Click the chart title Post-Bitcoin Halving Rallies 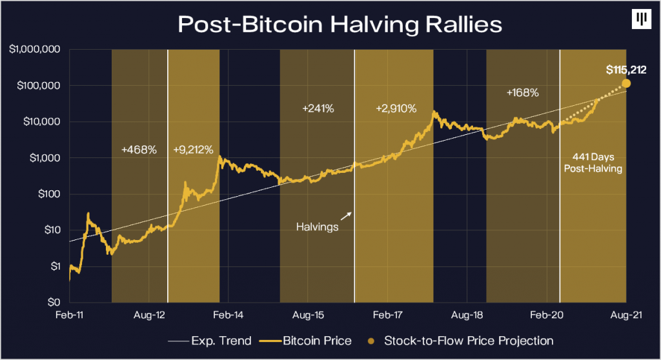tap(330, 25)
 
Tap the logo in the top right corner tap(639, 19)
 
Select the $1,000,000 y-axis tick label tap(35, 50)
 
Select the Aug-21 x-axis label tap(625, 315)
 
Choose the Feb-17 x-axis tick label tap(387, 315)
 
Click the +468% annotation tap(139, 150)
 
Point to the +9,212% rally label tap(194, 150)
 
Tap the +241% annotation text tap(318, 108)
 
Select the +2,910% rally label tap(396, 108)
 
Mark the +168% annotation tap(522, 92)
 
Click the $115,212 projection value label tap(625, 70)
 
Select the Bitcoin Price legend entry tap(309, 340)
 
